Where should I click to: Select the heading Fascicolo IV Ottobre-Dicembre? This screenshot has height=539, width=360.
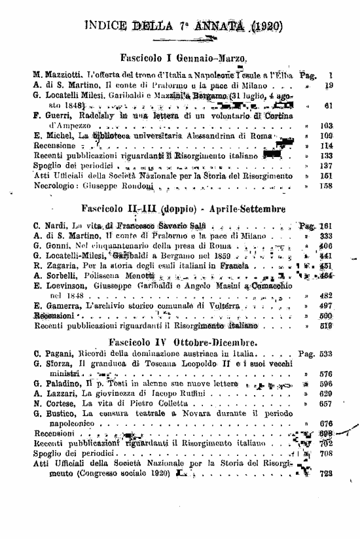tap(183, 340)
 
